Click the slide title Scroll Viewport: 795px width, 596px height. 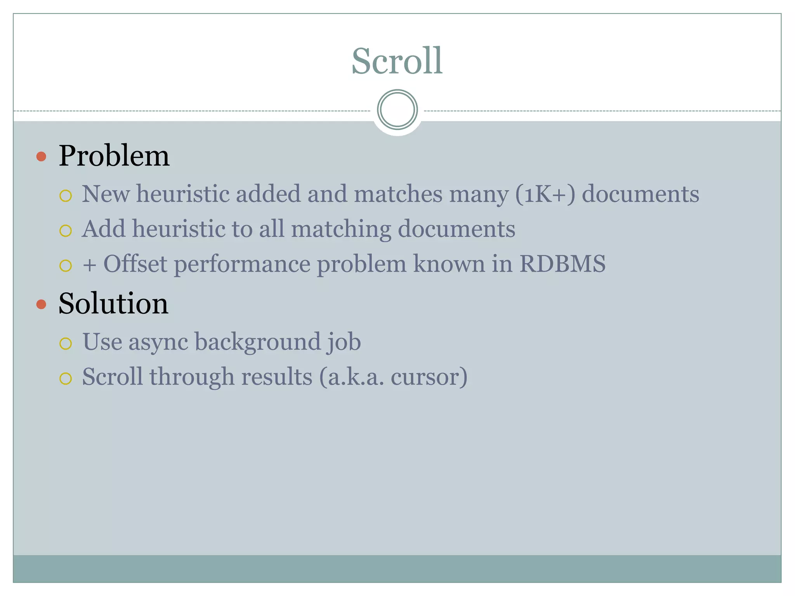[397, 61]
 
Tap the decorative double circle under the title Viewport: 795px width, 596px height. [397, 110]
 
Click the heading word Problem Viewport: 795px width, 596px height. [114, 156]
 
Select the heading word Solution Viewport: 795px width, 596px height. [113, 303]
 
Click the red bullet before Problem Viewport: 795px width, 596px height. [41, 157]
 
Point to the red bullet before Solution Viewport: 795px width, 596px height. [41, 304]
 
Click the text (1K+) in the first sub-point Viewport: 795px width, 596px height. [545, 194]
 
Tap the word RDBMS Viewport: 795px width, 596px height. [562, 264]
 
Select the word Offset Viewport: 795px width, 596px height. [135, 264]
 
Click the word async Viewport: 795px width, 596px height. [158, 342]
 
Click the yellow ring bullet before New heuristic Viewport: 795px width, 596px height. [66, 196]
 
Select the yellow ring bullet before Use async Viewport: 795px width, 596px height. [66, 343]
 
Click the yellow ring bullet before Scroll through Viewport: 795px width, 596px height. [66, 378]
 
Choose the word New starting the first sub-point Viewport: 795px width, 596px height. [106, 194]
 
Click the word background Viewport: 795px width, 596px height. [257, 342]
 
